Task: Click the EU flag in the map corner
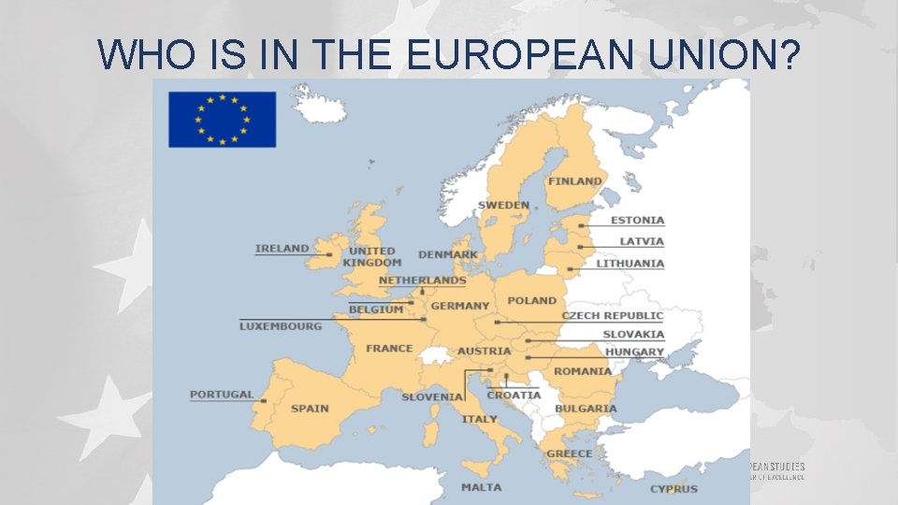pyautogui.click(x=222, y=119)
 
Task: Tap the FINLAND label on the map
pyautogui.click(x=574, y=181)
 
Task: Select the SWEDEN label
pyautogui.click(x=503, y=205)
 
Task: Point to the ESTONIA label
pyautogui.click(x=637, y=221)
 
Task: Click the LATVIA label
pyautogui.click(x=642, y=241)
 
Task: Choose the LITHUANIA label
pyautogui.click(x=630, y=264)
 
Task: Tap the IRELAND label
pyautogui.click(x=282, y=249)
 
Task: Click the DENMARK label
pyautogui.click(x=448, y=254)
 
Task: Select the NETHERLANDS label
pyautogui.click(x=422, y=281)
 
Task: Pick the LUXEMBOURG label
pyautogui.click(x=281, y=326)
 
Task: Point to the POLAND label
pyautogui.click(x=531, y=301)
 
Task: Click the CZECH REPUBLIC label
pyautogui.click(x=613, y=316)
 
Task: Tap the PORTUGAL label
pyautogui.click(x=222, y=395)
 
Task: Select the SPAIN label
pyautogui.click(x=310, y=409)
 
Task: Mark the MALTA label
pyautogui.click(x=481, y=487)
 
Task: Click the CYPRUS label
pyautogui.click(x=673, y=489)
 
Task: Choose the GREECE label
pyautogui.click(x=569, y=454)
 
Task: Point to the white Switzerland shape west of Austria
pyautogui.click(x=435, y=355)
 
